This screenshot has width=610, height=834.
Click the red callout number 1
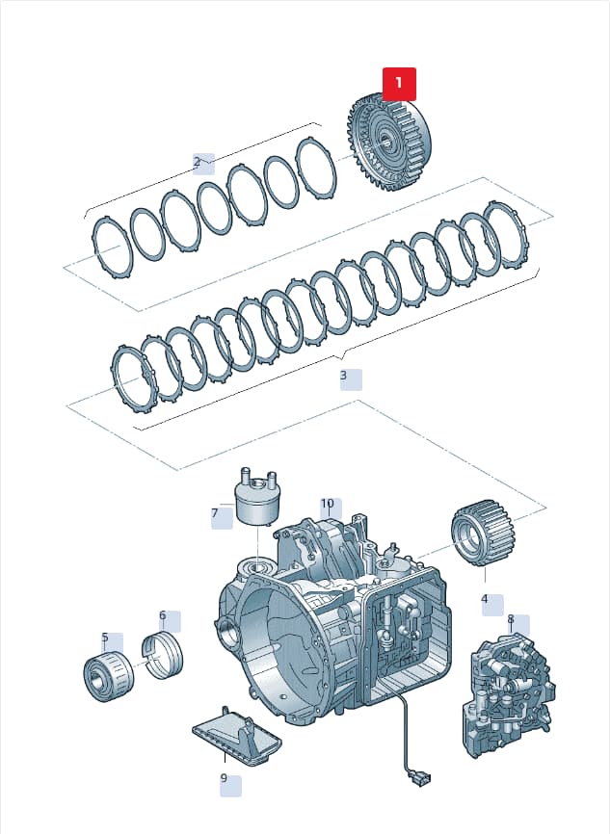pos(399,84)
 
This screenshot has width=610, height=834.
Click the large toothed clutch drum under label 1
pos(389,142)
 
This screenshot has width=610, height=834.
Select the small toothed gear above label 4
pos(480,534)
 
